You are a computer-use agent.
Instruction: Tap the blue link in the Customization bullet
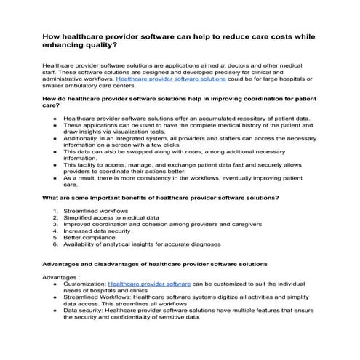click(x=149, y=284)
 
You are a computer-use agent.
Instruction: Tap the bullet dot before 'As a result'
click(x=55, y=177)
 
